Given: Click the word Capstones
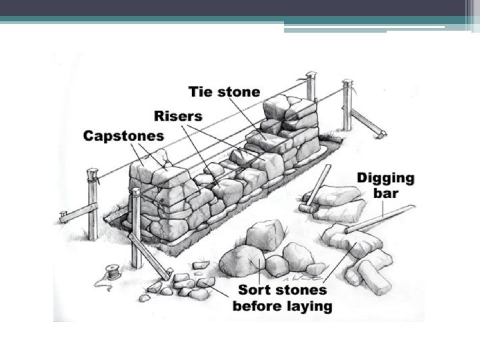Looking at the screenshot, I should coord(123,136).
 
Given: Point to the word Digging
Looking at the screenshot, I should coord(385,179).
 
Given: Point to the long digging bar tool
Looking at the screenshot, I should coord(380,219).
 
